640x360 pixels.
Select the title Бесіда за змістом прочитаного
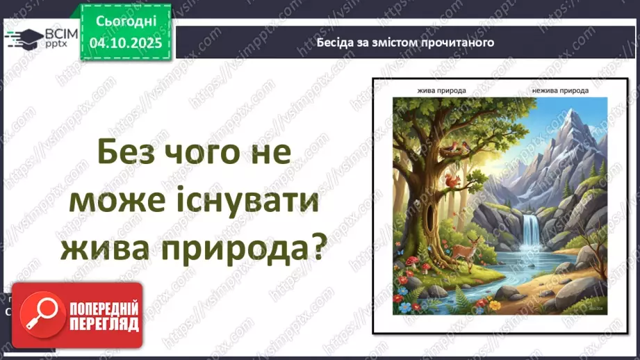[x=405, y=42]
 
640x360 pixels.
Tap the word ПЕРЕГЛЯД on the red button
[x=104, y=323]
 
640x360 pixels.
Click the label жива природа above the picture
[x=441, y=90]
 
